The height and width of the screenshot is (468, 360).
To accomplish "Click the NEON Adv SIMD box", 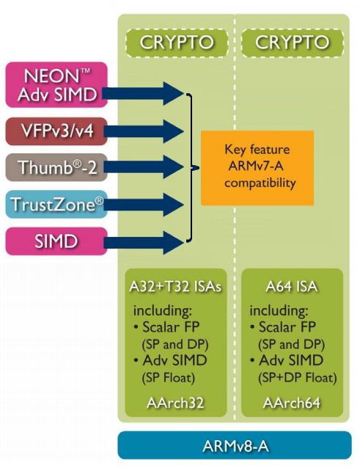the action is (56, 85).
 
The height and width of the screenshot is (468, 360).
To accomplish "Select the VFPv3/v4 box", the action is (56, 131).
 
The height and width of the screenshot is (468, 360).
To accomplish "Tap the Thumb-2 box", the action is (56, 167).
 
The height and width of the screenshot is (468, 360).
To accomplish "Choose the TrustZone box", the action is (56, 205).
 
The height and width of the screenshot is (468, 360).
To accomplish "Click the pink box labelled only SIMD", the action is (56, 241).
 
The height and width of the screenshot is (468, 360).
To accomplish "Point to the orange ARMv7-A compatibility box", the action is (257, 168).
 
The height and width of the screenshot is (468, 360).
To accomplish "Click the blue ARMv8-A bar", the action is (235, 445).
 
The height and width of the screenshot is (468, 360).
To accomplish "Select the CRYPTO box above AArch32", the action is (177, 43).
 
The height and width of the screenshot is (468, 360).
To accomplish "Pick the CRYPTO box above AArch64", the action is (293, 43).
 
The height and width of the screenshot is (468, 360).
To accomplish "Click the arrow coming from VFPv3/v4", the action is (144, 131).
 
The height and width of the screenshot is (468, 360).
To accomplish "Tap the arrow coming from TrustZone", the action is (144, 205).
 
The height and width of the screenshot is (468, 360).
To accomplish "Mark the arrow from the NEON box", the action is (143, 94).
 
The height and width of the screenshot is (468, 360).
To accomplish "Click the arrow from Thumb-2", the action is (144, 167).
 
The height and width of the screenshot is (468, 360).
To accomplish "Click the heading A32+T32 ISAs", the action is (176, 287).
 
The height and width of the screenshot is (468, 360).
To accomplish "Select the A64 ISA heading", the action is (292, 287).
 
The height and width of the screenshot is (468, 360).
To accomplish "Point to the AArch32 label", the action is (175, 403).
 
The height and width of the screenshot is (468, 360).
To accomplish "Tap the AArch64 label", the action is (292, 403).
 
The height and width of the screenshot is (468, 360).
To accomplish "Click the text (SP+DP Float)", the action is (298, 378).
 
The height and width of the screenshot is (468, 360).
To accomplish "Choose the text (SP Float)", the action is (169, 378).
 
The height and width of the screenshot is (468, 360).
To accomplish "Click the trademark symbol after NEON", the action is (86, 71).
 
